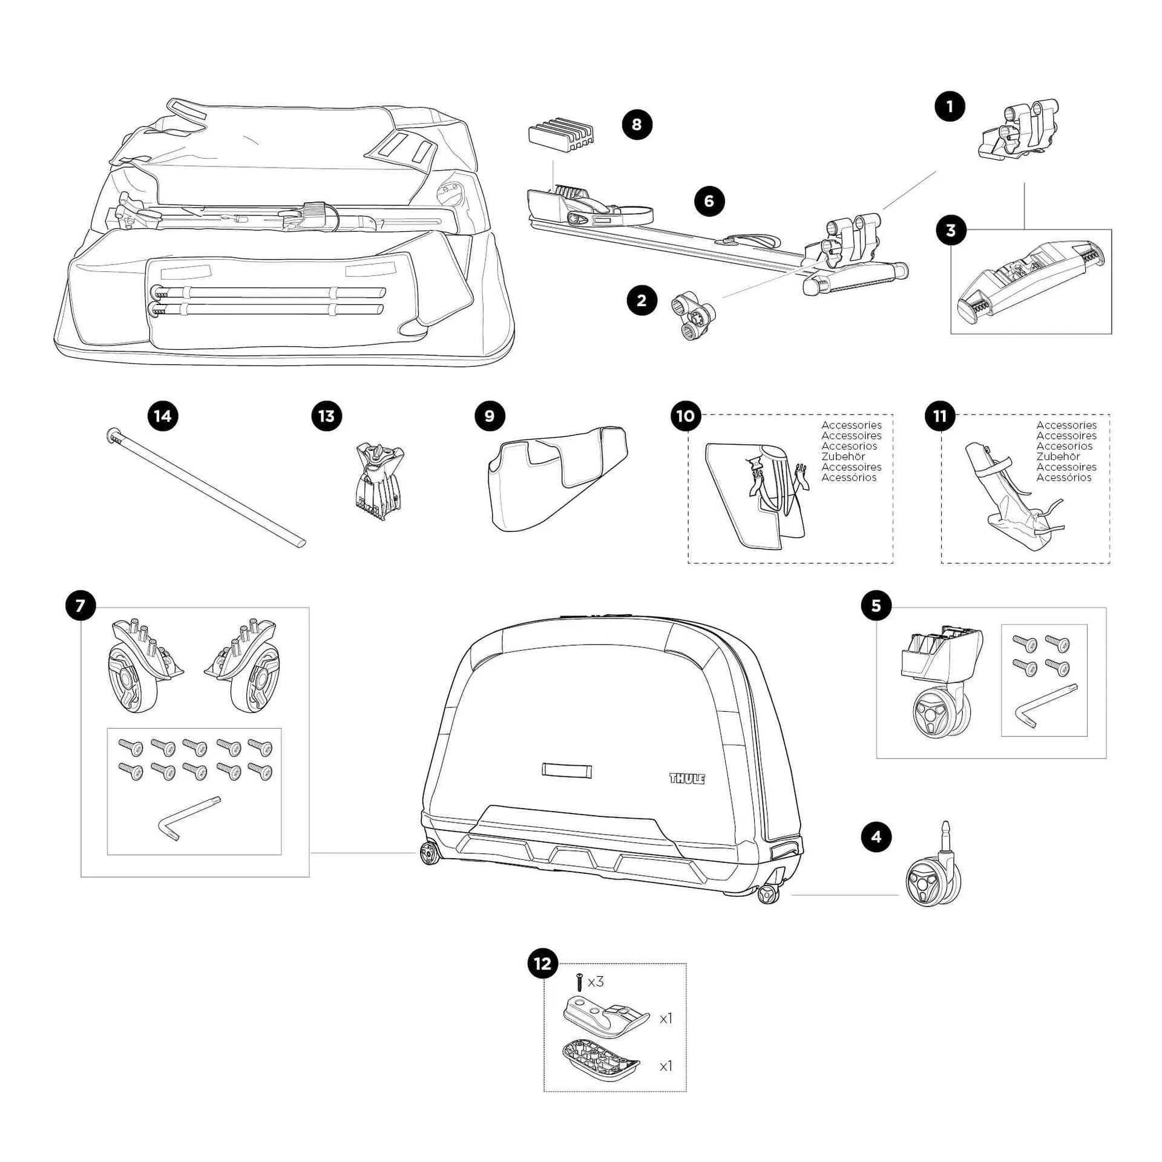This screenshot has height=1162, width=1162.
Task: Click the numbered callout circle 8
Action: click(636, 124)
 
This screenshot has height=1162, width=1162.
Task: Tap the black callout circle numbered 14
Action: click(163, 416)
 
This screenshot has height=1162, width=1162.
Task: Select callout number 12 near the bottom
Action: click(543, 963)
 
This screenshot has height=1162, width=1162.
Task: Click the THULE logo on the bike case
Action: click(687, 778)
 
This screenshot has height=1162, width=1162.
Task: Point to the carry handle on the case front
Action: click(566, 770)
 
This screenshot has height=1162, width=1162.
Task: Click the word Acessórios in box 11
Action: click(1063, 478)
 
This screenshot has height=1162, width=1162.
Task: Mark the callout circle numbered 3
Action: click(950, 231)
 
